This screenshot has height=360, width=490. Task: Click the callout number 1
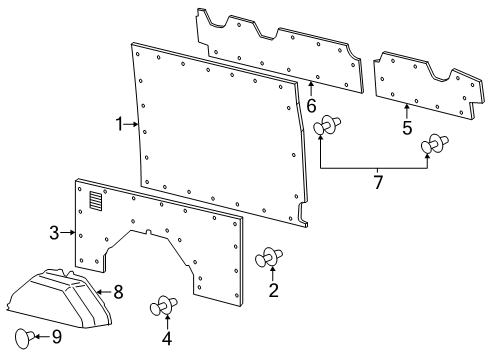pyautogui.click(x=119, y=124)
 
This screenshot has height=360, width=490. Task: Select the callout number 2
pyautogui.click(x=272, y=291)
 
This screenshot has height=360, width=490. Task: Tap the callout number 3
pyautogui.click(x=55, y=233)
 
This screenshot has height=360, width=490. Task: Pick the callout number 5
pyautogui.click(x=407, y=128)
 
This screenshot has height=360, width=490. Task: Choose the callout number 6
pyautogui.click(x=311, y=103)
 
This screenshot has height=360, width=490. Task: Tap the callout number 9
pyautogui.click(x=56, y=336)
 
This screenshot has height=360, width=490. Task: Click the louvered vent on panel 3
pyautogui.click(x=95, y=201)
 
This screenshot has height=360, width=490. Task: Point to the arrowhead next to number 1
pyautogui.click(x=135, y=124)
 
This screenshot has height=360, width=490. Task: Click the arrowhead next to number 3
pyautogui.click(x=73, y=233)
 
